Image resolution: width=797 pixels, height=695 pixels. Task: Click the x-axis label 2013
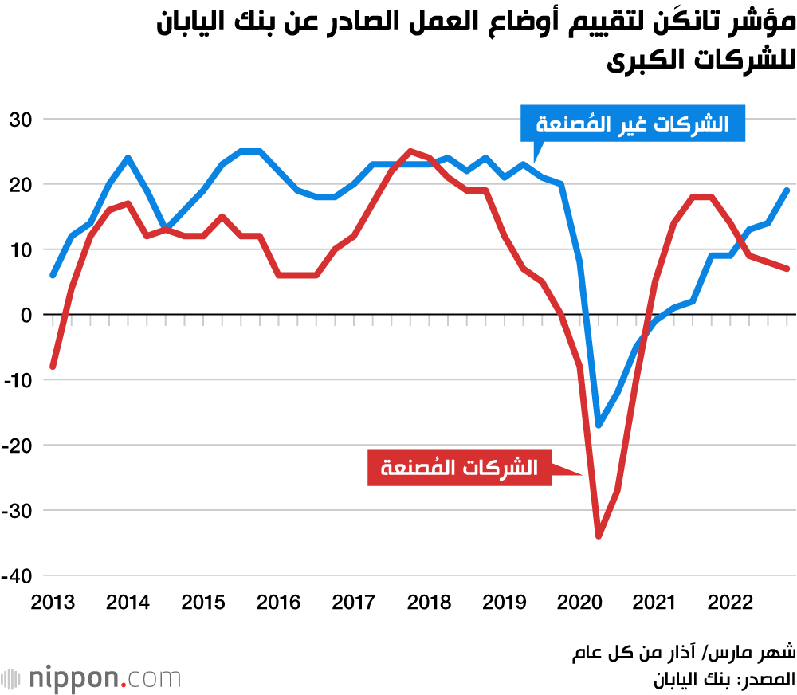[53, 603]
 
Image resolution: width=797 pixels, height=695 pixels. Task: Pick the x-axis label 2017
[354, 603]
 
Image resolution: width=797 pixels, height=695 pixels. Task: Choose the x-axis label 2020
[579, 603]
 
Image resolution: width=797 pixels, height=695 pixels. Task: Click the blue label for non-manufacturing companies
[633, 124]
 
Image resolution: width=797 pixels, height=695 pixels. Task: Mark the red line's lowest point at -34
[599, 536]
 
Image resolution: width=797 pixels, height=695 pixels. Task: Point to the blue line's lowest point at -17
[599, 426]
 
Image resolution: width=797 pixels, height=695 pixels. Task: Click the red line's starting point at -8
[53, 367]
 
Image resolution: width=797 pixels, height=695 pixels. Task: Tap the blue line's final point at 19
[787, 190]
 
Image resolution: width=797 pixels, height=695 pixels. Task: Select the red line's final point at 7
[787, 269]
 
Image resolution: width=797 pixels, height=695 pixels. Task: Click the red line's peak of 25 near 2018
[410, 151]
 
